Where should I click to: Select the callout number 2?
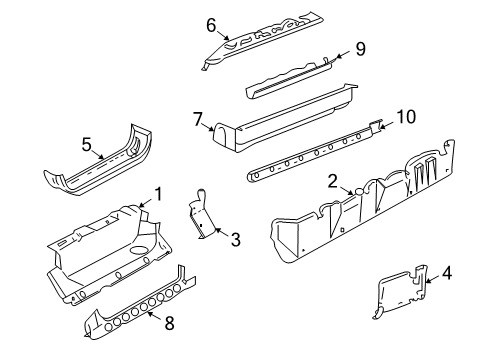click(x=332, y=180)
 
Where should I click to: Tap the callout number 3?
click(x=235, y=239)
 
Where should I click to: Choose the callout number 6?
click(x=211, y=25)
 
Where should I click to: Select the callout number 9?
click(x=360, y=47)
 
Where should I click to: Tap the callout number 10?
click(x=405, y=117)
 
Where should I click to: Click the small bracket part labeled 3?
click(x=204, y=215)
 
